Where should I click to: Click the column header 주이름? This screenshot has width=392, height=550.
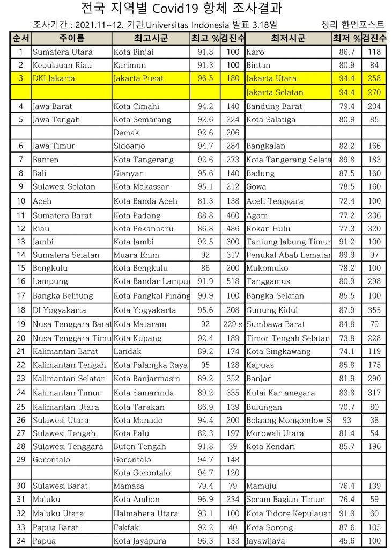click(71, 39)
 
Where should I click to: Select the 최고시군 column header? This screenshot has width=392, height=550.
click(151, 39)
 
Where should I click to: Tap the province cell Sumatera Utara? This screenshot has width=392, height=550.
click(62, 52)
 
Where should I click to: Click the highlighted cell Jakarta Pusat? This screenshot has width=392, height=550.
click(138, 78)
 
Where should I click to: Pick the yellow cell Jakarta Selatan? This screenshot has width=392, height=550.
click(275, 92)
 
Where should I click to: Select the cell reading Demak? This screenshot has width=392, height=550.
click(126, 133)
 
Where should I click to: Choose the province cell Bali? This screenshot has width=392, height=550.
click(39, 173)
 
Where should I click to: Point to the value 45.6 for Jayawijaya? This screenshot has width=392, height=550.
click(347, 541)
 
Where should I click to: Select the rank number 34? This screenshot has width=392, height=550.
click(21, 541)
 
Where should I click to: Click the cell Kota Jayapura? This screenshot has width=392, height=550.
click(139, 541)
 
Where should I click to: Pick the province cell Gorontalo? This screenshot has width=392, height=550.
click(51, 460)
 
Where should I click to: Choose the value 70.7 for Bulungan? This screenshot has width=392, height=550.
click(347, 407)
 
